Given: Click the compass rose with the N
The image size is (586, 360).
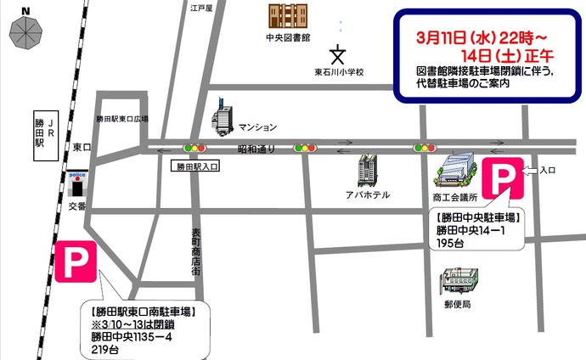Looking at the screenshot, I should (26, 31).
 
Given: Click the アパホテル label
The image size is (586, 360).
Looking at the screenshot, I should (369, 194).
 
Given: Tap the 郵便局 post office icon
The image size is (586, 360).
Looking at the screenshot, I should (459, 283).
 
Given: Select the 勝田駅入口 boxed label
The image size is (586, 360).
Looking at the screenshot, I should (197, 167).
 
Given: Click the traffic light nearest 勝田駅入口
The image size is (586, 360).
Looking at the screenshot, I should (197, 148).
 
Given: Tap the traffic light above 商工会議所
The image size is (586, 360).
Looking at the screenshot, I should (425, 148).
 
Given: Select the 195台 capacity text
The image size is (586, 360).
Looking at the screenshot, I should (450, 243).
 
